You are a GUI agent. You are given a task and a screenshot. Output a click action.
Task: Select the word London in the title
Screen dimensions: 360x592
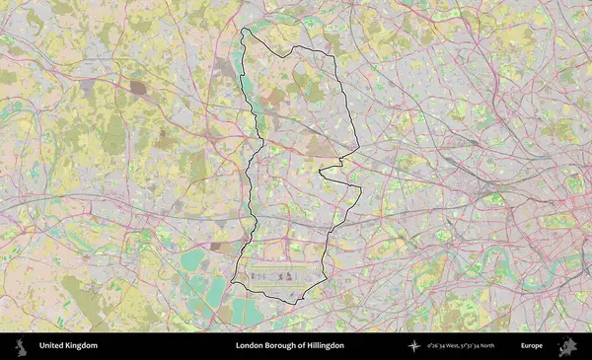click(250, 346)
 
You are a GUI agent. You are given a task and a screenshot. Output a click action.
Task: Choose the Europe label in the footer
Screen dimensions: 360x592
click(532, 346)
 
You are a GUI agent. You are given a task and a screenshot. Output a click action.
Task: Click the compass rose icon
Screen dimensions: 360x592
click(414, 346)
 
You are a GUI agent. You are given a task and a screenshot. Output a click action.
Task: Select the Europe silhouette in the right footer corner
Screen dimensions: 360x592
click(567, 346)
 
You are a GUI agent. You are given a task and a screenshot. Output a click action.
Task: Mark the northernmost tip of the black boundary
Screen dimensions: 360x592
click(245, 31)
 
